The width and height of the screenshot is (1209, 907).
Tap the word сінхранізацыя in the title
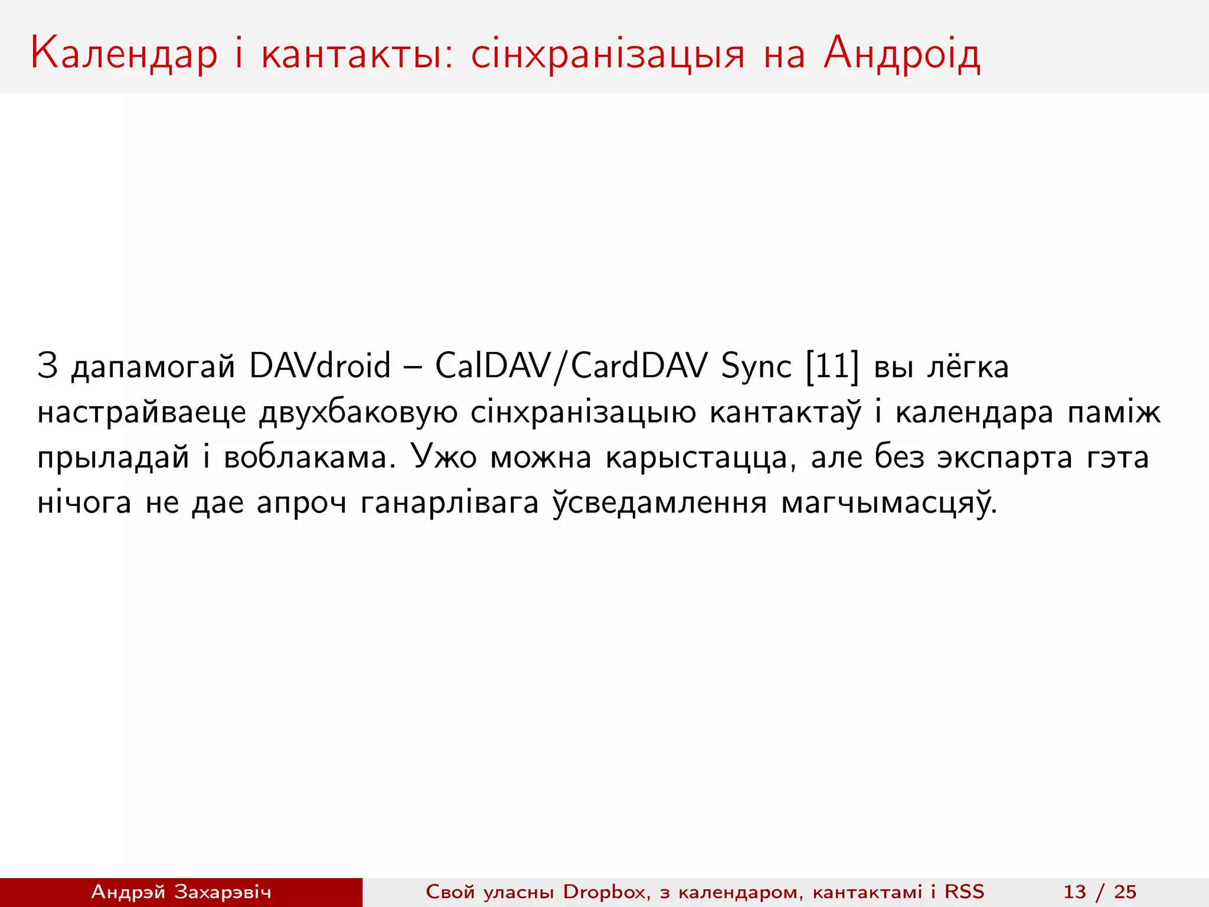tap(607, 54)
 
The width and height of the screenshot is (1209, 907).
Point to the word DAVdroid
tap(319, 366)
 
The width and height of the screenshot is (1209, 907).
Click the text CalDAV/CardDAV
tap(571, 366)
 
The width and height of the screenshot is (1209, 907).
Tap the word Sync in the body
tap(756, 367)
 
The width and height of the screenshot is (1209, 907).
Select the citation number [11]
tap(832, 366)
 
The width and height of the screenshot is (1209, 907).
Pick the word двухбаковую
tap(358, 412)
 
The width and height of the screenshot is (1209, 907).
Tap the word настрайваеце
tap(142, 412)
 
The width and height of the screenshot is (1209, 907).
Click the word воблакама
tap(309, 458)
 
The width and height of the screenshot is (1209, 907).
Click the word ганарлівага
tap(449, 504)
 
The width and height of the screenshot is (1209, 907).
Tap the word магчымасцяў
tap(888, 504)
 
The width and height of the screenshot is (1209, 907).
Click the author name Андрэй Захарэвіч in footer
tap(181, 892)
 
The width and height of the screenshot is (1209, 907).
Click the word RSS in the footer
tap(965, 892)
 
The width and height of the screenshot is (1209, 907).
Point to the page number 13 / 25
tap(1100, 892)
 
